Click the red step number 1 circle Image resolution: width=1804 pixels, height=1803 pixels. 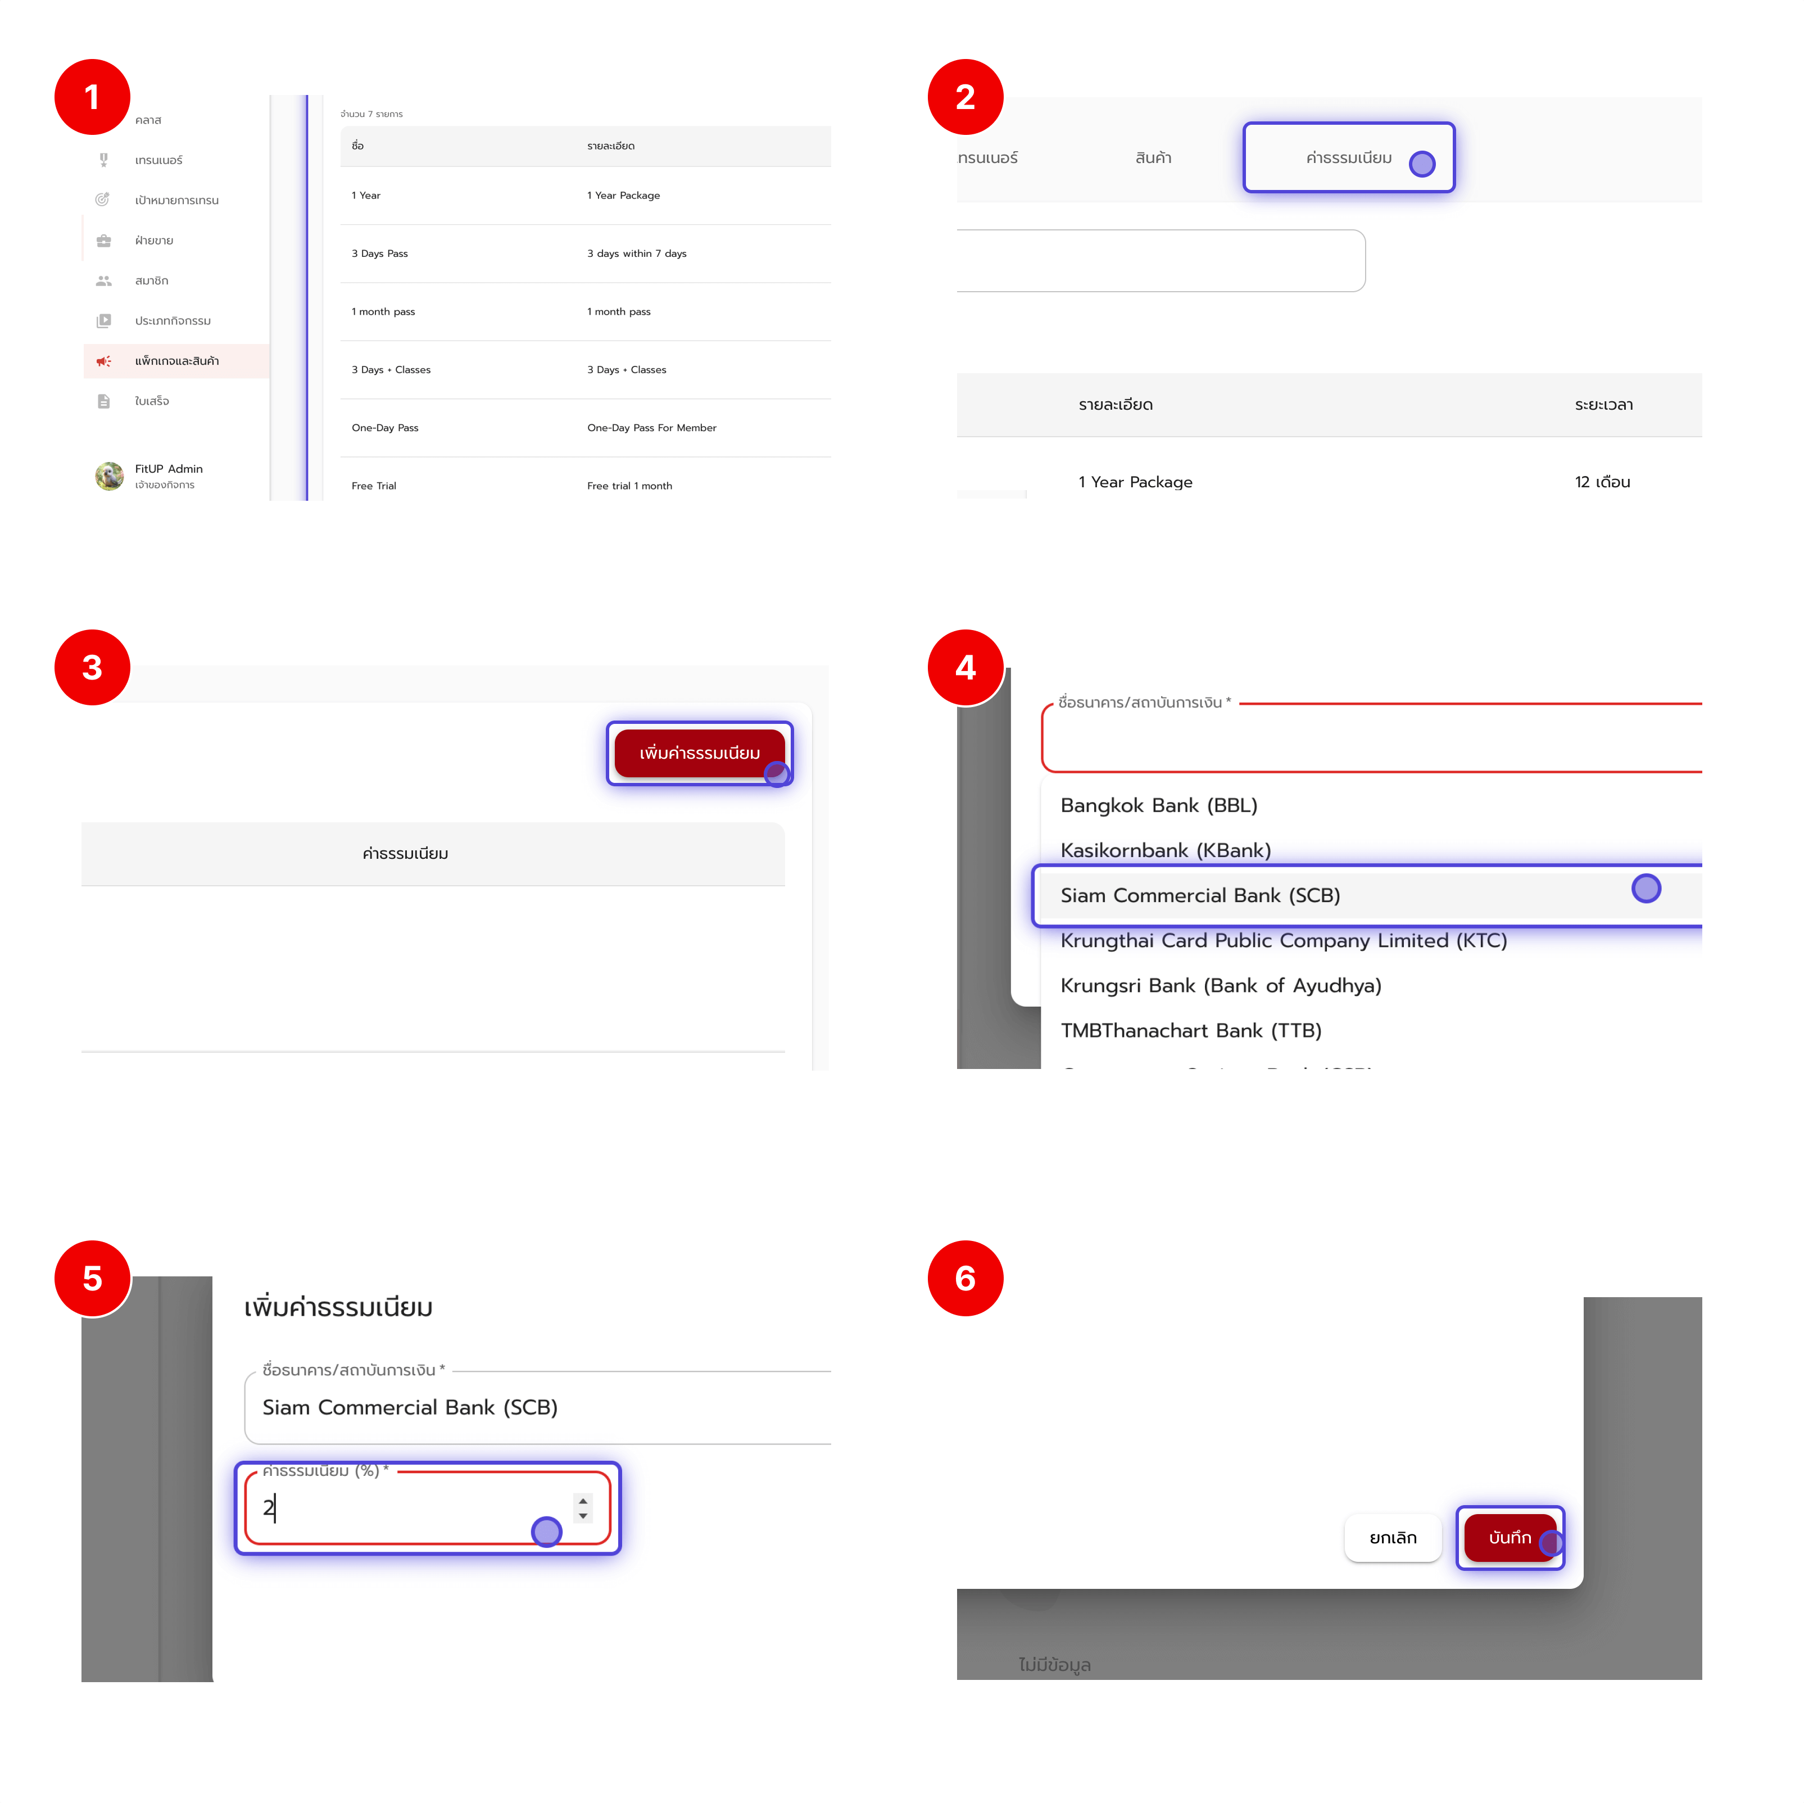(92, 97)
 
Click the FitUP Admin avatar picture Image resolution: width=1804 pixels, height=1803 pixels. (109, 476)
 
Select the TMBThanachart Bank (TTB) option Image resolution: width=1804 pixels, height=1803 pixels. (1190, 1030)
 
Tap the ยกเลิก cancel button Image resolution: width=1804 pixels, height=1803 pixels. (1391, 1537)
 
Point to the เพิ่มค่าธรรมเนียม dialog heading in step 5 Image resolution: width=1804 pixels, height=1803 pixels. (338, 1307)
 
